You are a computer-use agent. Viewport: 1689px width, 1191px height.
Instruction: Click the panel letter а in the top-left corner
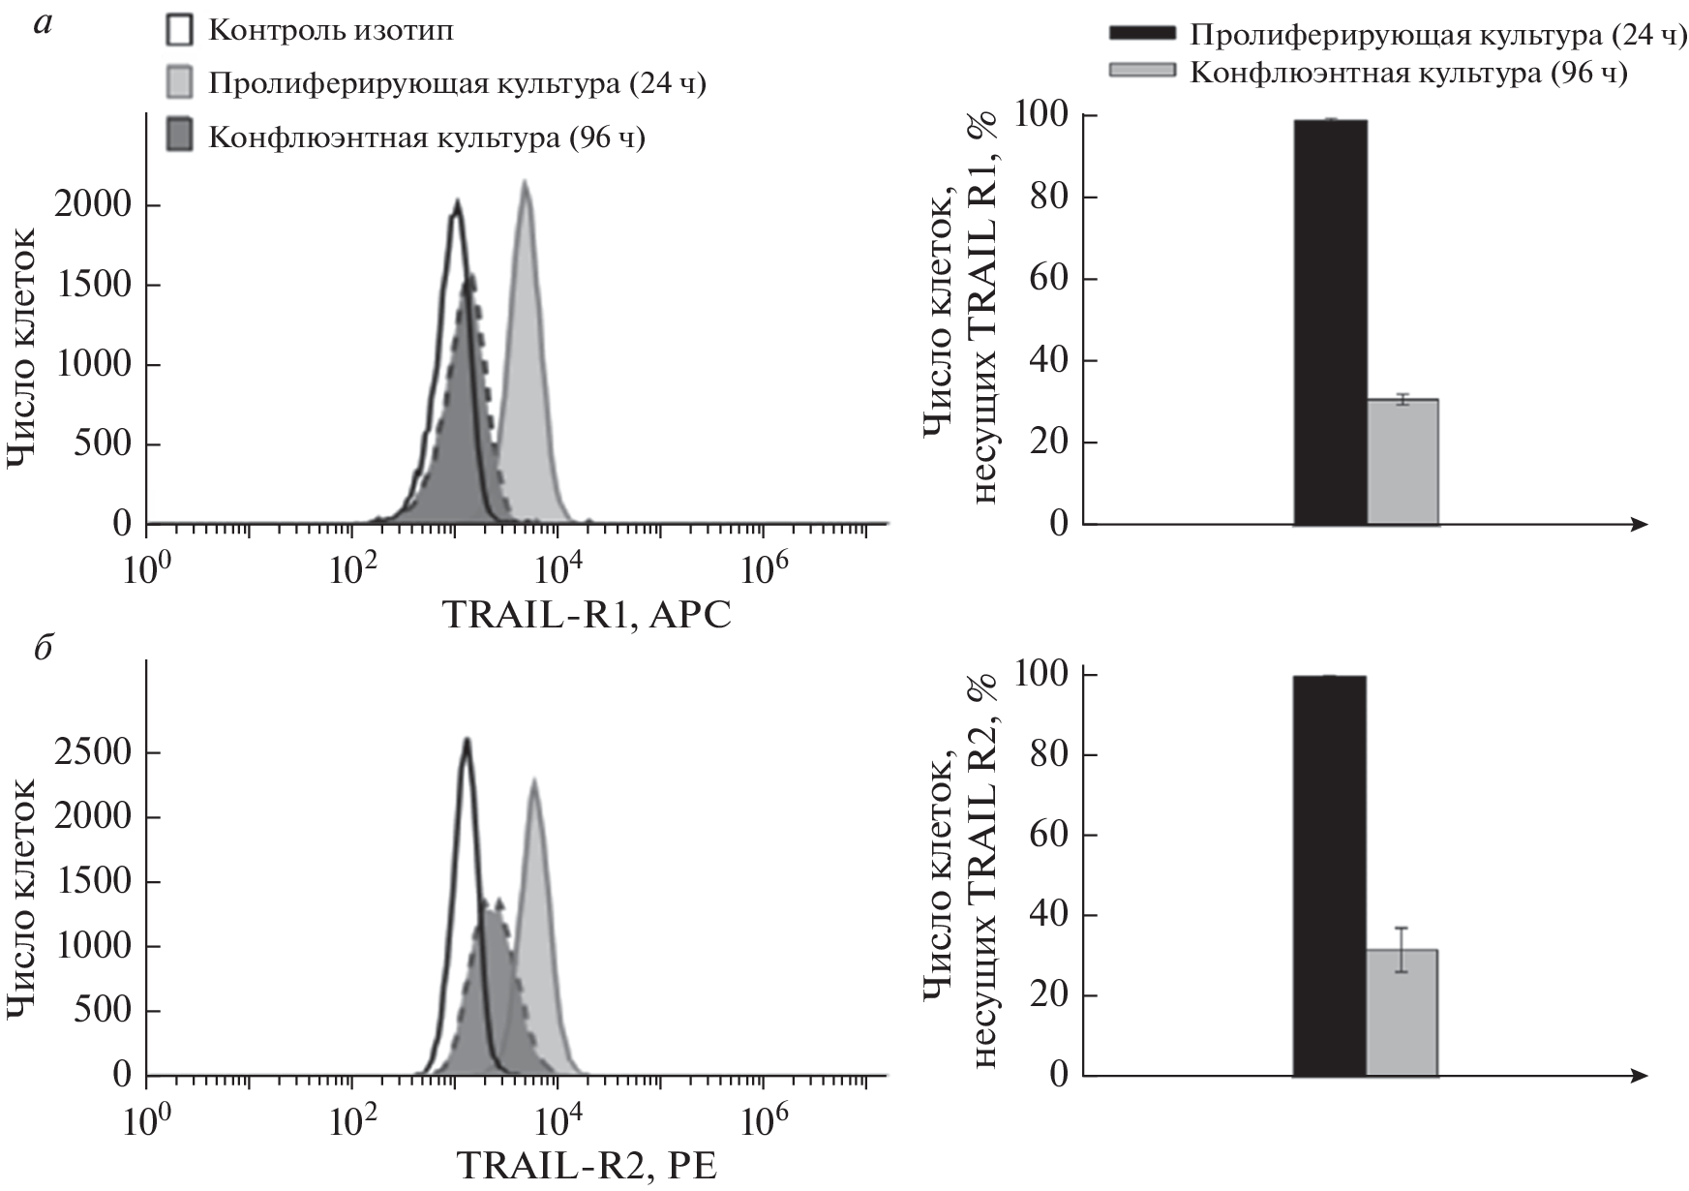(42, 26)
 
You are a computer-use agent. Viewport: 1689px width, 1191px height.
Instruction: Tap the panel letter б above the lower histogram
(42, 648)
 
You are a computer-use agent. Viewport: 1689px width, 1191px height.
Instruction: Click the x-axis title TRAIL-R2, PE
(587, 1166)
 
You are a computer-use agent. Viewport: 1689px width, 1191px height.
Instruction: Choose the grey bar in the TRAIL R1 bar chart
(1402, 462)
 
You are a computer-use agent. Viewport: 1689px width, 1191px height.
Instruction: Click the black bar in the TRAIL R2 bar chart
(1330, 875)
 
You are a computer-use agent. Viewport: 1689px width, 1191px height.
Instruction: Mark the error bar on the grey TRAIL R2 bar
(1402, 950)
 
